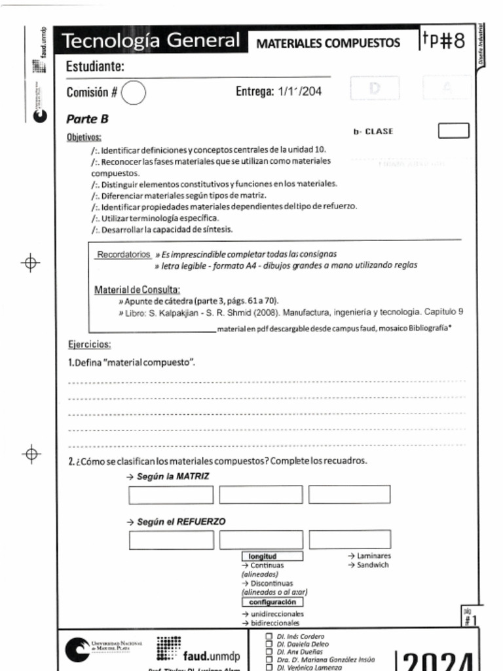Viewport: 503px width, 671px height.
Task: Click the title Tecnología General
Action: coord(151,41)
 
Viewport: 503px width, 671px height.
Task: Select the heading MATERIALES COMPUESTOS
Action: coord(327,43)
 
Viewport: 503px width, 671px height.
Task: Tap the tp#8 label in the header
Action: coord(443,41)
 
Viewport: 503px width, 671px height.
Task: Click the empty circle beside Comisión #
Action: coord(134,92)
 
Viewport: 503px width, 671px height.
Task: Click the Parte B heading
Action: coord(87,119)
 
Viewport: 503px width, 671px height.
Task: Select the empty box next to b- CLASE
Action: coord(453,131)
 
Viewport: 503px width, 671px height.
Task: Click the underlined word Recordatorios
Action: coord(124,254)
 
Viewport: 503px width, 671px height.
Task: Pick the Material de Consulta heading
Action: coord(137,290)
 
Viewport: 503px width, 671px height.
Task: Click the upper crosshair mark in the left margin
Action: coord(30,263)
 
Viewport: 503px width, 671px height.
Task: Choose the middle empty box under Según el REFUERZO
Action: coord(261,540)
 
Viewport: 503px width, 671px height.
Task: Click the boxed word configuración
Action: coord(272,602)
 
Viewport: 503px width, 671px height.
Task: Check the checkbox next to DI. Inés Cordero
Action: coord(269,636)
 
